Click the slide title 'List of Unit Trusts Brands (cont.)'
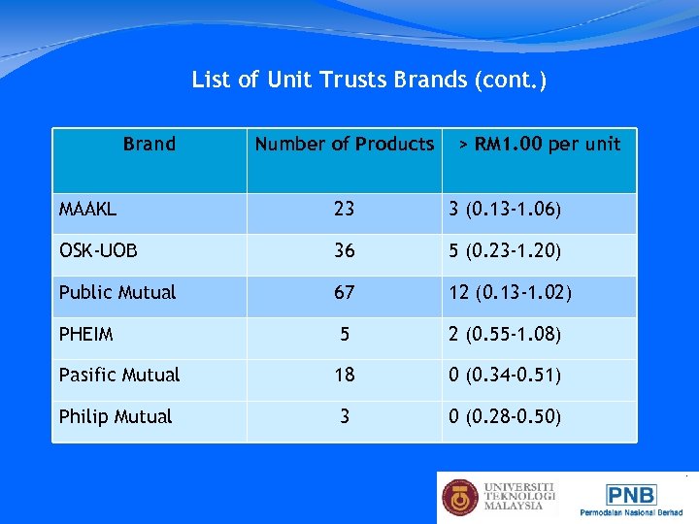(369, 80)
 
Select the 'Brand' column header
(150, 145)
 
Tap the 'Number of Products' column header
(344, 145)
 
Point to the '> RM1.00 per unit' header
(540, 145)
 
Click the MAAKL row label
(86, 210)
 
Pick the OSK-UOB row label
(98, 251)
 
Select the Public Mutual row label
(117, 292)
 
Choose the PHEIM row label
(86, 335)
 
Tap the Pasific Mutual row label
(119, 375)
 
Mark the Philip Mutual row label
(116, 416)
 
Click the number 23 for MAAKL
(344, 209)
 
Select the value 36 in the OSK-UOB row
(344, 250)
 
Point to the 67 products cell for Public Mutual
(344, 292)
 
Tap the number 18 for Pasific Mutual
(344, 375)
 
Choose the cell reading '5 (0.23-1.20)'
(505, 251)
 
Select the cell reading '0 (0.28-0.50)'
(505, 417)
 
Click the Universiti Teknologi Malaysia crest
(460, 497)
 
